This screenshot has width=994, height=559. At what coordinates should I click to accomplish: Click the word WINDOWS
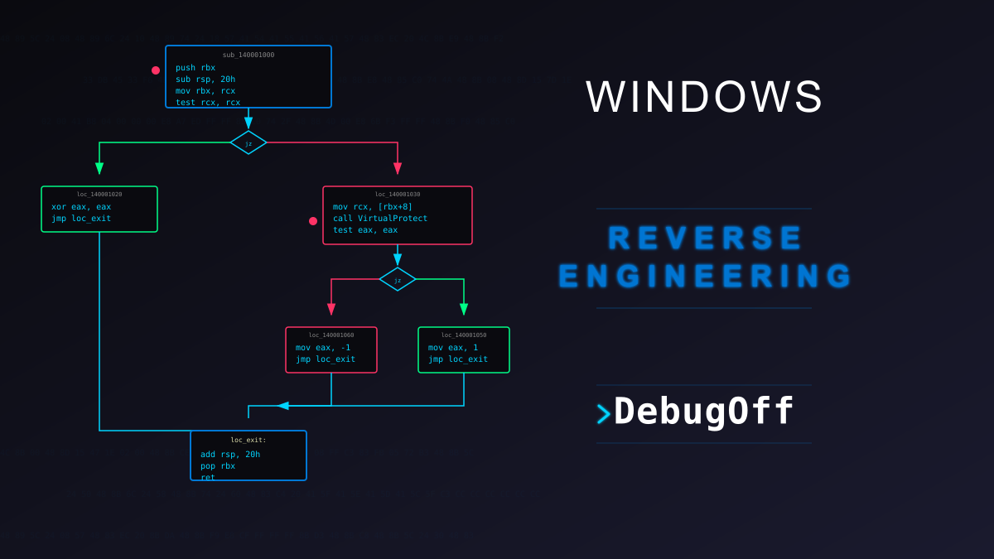pyautogui.click(x=705, y=97)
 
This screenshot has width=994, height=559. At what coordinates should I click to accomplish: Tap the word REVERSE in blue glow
pyautogui.click(x=706, y=239)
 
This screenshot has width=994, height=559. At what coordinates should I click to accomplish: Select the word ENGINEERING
pyautogui.click(x=706, y=277)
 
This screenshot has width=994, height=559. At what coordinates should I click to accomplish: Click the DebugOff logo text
pyautogui.click(x=703, y=412)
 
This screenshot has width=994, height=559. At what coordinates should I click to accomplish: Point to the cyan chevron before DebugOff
pyautogui.click(x=603, y=413)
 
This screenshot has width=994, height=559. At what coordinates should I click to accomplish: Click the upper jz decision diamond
pyautogui.click(x=248, y=142)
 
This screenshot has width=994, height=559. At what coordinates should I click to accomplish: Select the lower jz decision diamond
pyautogui.click(x=398, y=279)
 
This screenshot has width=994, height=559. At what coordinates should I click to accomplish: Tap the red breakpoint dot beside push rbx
pyautogui.click(x=156, y=70)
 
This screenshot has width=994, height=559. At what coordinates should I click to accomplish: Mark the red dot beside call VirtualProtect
pyautogui.click(x=313, y=221)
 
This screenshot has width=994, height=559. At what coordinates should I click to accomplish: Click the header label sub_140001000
pyautogui.click(x=248, y=55)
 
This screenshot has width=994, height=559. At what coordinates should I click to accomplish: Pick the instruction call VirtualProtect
pyautogui.click(x=380, y=219)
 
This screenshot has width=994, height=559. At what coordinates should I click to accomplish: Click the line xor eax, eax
pyautogui.click(x=81, y=207)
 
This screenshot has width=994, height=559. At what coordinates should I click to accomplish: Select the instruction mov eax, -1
pyautogui.click(x=323, y=348)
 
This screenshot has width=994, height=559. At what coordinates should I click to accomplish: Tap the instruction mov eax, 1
pyautogui.click(x=453, y=348)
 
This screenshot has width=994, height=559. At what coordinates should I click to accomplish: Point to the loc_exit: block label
pyautogui.click(x=248, y=440)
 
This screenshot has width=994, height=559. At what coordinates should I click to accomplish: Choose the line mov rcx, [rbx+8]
pyautogui.click(x=373, y=207)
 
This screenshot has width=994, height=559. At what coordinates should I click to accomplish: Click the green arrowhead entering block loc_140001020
pyautogui.click(x=99, y=169)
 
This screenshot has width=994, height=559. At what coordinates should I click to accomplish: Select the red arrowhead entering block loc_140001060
pyautogui.click(x=331, y=310)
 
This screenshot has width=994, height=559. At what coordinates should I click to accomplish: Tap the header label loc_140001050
pyautogui.click(x=464, y=335)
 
